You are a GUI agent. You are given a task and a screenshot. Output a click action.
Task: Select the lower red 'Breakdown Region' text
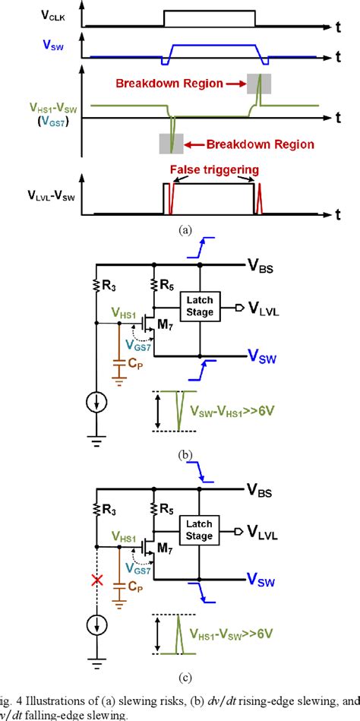248,143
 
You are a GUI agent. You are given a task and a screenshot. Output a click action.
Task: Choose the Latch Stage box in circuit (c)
201,527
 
